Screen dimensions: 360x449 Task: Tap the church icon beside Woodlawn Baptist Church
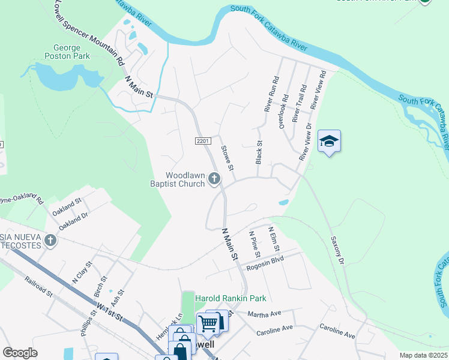[214, 178]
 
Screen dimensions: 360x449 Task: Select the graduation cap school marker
[329, 142]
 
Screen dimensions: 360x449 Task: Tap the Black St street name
[260, 152]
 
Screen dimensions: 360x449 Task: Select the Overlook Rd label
[284, 112]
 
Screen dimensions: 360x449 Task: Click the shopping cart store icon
[208, 323]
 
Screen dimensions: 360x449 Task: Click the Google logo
[20, 352]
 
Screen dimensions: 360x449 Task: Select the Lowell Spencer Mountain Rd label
[89, 33]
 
